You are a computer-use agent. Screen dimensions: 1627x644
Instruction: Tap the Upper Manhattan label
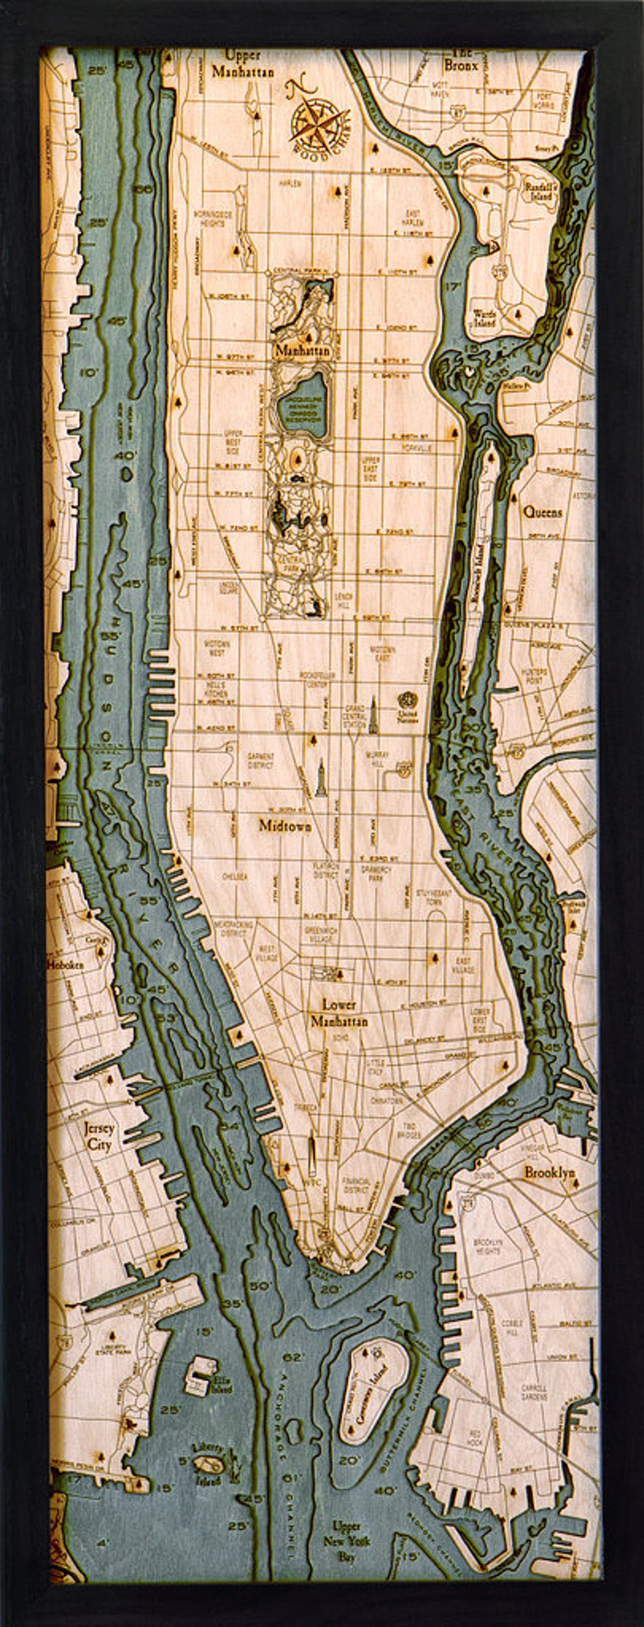coord(243,64)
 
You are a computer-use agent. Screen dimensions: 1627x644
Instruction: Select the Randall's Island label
coord(541,191)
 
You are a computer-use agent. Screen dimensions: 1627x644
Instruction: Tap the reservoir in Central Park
coord(301,402)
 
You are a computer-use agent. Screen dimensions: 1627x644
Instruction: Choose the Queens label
coord(542,513)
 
